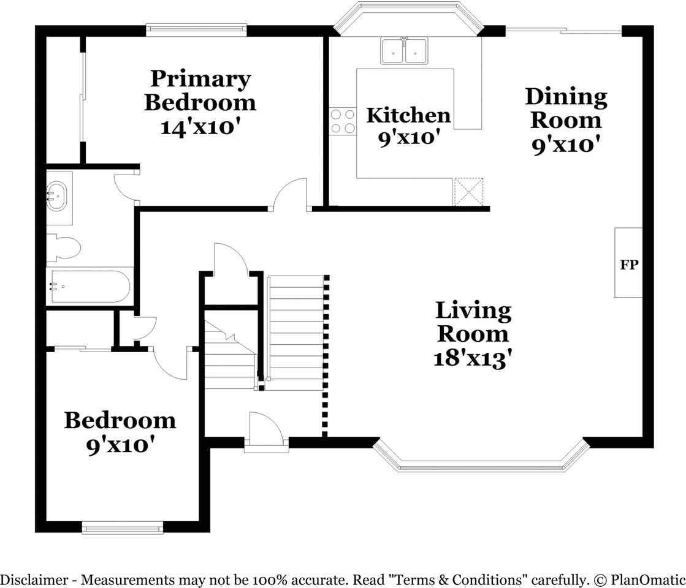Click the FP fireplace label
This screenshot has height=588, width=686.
pos(629,265)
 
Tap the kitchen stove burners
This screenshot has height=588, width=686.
pos(343,121)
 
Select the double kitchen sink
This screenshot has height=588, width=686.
pos(404,51)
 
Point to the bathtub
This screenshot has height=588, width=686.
pos(90,287)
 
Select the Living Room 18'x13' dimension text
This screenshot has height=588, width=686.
pos(473,358)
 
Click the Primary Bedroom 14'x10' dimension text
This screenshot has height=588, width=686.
pos(201,127)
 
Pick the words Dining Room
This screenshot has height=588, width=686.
pos(566,108)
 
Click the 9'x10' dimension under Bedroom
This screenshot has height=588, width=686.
pos(120,445)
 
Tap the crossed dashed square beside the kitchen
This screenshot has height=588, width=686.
pos(468,192)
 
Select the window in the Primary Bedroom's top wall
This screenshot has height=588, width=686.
pos(196,30)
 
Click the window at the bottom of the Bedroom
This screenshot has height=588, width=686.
pos(123,528)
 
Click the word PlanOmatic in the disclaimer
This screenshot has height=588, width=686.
pos(648,580)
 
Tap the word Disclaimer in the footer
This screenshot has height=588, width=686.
pos(34,580)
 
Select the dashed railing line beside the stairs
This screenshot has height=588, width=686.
pos(326,356)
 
